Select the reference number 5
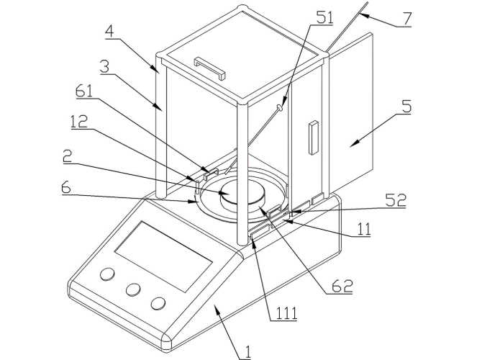pyautogui.click(x=407, y=106)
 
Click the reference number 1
pyautogui.click(x=247, y=351)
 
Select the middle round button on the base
pyautogui.click(x=133, y=289)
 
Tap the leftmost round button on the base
pyautogui.click(x=107, y=275)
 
